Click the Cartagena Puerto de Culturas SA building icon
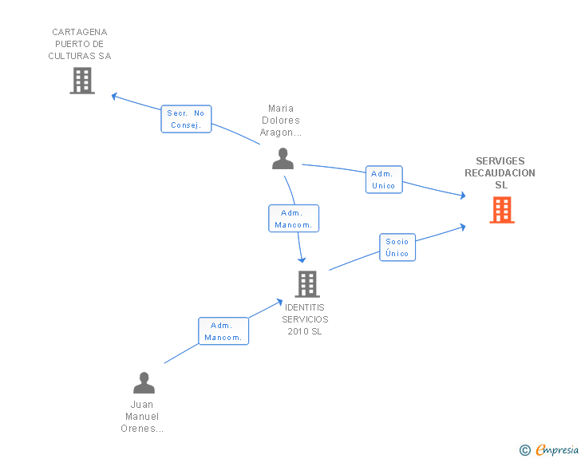[82, 81]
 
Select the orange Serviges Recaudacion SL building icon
[502, 210]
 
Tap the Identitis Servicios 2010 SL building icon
[306, 283]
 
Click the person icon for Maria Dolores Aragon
[283, 158]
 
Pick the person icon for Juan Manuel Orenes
[144, 383]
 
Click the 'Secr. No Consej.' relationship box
[187, 119]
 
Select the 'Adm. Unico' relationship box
[383, 180]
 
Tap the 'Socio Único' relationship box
[397, 247]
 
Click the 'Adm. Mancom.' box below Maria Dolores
[294, 219]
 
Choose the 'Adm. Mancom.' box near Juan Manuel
[223, 331]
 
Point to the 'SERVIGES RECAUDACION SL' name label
[500, 173]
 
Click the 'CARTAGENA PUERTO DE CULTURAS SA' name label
[80, 45]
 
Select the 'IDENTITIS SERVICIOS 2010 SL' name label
[305, 319]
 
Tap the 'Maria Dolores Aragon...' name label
[281, 121]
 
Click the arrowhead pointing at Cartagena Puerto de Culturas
[115, 96]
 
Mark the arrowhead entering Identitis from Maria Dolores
[302, 259]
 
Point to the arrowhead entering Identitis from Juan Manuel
[279, 302]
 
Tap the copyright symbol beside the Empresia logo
[524, 451]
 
